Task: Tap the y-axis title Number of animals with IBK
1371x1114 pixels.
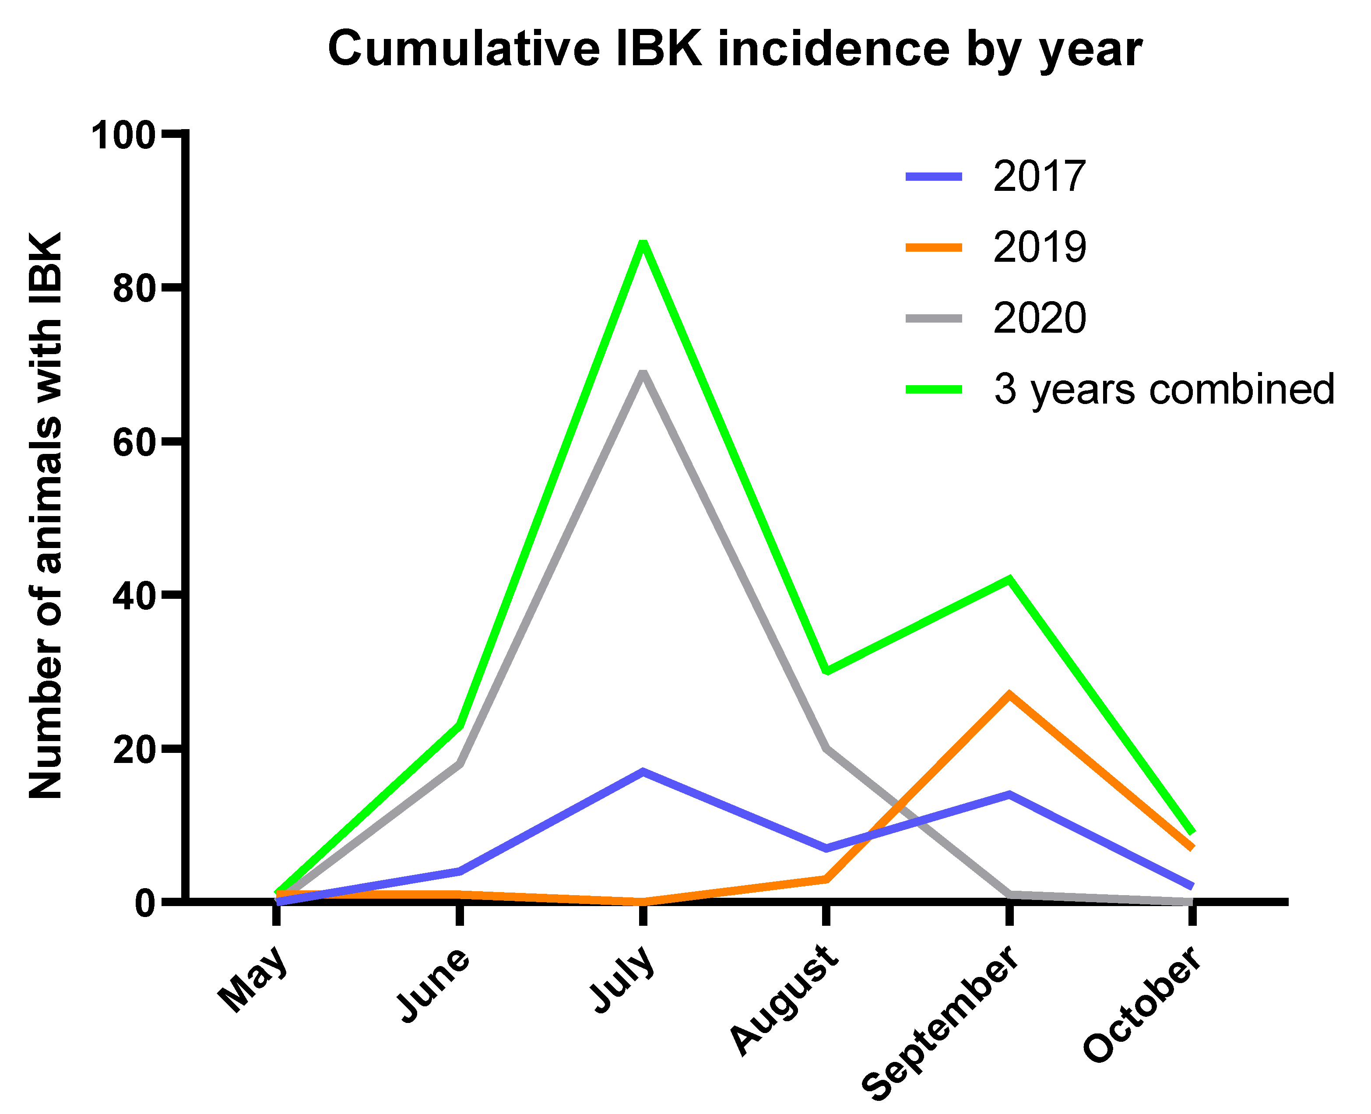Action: pos(46,517)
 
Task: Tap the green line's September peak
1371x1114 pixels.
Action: pos(1009,580)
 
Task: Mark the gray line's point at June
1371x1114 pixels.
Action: pos(459,764)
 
